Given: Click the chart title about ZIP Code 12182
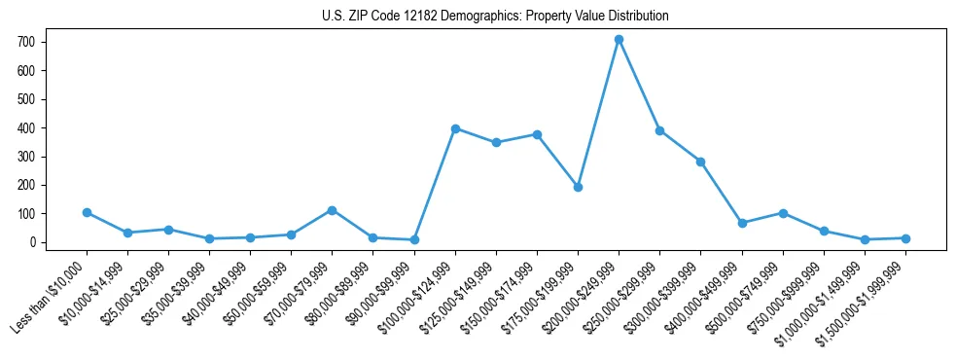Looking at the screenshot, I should (495, 16).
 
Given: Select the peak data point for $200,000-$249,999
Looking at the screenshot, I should (619, 39).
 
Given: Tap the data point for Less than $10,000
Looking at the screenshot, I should (87, 212).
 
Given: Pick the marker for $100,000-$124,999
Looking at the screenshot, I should (455, 128).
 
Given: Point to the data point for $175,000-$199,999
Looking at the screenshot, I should (578, 187).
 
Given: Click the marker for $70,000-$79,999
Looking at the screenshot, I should (333, 210).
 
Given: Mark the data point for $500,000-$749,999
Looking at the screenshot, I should (783, 213).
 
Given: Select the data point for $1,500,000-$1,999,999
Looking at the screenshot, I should (905, 238).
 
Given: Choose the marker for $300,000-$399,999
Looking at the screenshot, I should (700, 162).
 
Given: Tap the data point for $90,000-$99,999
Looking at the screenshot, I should (414, 239).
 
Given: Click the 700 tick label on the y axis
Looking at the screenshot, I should (26, 42).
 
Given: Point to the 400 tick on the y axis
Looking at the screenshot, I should (26, 127).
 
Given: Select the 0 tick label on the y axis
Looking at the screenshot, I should (32, 242).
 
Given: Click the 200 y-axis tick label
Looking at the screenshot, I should (26, 185).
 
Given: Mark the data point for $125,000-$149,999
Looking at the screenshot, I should (496, 142).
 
